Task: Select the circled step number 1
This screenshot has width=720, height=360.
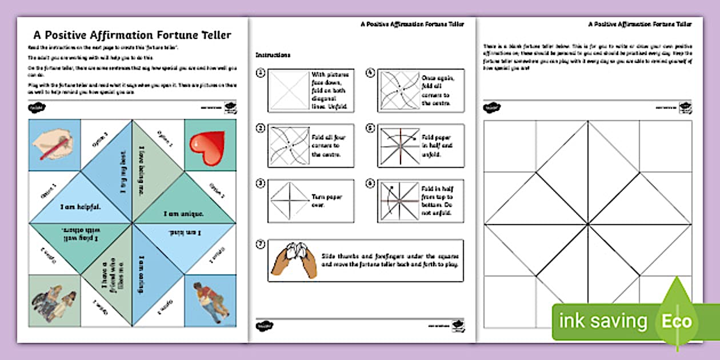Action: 261,73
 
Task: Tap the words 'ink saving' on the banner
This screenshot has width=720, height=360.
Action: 604,321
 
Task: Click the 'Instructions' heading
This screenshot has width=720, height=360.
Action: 273,55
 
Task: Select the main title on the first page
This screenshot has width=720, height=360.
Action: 132,35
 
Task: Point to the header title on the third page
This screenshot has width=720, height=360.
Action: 640,25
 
